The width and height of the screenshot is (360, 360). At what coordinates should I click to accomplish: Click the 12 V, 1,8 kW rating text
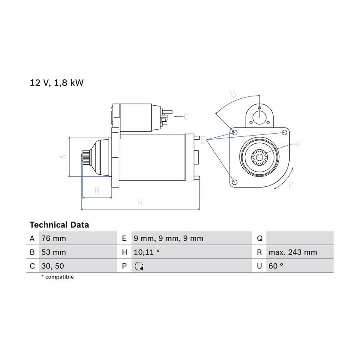[57, 83]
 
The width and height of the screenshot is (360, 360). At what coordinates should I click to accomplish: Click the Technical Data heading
[59, 225]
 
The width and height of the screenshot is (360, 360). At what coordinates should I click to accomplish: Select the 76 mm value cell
[54, 238]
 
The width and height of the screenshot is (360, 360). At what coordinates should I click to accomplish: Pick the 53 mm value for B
[54, 252]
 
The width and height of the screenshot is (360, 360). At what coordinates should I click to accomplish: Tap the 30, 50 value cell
[53, 266]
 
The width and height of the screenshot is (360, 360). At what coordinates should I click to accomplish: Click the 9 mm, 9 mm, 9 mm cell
[168, 238]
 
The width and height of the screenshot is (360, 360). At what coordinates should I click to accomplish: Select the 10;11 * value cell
[146, 252]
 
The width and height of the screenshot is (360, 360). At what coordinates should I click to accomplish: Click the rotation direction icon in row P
[139, 266]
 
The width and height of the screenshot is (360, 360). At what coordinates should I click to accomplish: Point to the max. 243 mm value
[293, 252]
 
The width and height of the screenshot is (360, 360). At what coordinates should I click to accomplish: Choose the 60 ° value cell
[276, 266]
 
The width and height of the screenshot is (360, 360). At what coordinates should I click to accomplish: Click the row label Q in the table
[260, 238]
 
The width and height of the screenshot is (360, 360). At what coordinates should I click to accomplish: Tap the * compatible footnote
[57, 277]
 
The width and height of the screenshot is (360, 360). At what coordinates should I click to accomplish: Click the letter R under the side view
[140, 202]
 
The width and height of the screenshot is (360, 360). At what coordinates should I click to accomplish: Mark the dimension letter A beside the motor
[63, 156]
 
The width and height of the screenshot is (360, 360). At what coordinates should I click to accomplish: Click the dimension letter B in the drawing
[97, 191]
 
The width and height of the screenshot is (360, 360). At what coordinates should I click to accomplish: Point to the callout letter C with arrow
[186, 117]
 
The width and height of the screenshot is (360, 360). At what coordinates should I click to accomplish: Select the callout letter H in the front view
[299, 144]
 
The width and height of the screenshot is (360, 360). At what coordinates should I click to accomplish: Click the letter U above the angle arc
[233, 94]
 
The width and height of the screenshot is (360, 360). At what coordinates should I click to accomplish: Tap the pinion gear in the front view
[259, 157]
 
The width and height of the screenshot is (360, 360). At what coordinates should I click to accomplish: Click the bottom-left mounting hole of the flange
[234, 182]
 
